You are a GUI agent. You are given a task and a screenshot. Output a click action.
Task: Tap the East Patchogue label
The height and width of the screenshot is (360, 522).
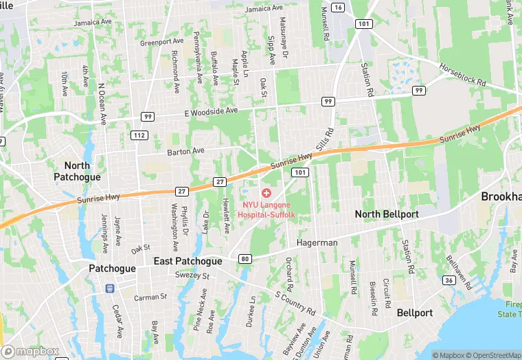pyautogui.click(x=188, y=261)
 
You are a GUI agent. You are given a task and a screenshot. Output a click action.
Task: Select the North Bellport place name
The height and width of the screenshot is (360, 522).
pyautogui.click(x=387, y=214)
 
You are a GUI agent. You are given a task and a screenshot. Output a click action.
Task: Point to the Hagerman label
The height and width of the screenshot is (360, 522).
pyautogui.click(x=317, y=243)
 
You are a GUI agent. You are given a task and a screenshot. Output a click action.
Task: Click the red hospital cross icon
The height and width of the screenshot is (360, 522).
pyautogui.click(x=266, y=194)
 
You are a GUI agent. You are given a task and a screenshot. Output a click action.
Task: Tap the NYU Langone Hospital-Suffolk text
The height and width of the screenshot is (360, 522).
pyautogui.click(x=266, y=210)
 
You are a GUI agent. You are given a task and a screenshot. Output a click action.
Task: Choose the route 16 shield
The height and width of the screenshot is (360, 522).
pyautogui.click(x=337, y=7)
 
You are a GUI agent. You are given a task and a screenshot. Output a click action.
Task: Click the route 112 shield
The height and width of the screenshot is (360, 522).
pyautogui.click(x=139, y=135)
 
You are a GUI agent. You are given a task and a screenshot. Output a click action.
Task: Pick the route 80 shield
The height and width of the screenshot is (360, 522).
pyautogui.click(x=245, y=259)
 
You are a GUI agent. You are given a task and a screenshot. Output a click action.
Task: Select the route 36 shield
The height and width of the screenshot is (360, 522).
pyautogui.click(x=449, y=280)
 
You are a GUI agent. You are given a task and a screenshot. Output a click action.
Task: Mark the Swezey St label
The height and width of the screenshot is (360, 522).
pyautogui.click(x=192, y=275)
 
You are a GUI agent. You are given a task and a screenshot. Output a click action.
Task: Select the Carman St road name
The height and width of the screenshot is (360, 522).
pyautogui.click(x=150, y=297)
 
